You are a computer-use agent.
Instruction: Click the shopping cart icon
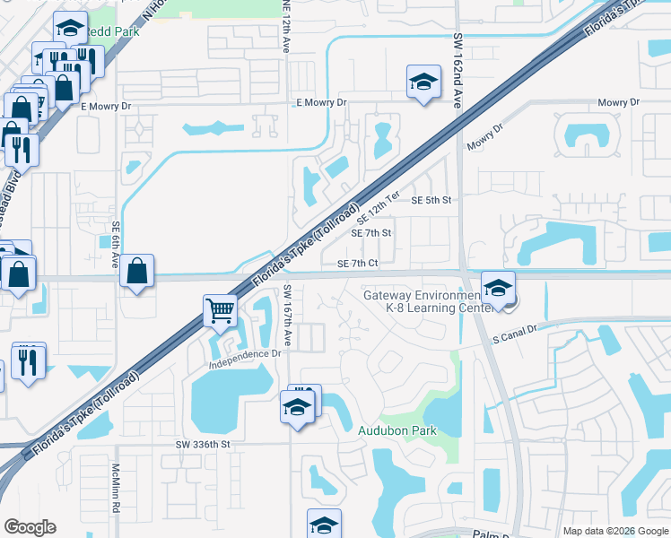(x=220, y=310)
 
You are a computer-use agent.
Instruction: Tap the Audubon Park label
(x=397, y=431)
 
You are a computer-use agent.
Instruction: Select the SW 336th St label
(x=203, y=444)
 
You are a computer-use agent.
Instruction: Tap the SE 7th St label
(x=371, y=233)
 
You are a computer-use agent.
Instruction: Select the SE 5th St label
(x=430, y=200)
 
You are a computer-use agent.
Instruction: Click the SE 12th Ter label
(x=378, y=208)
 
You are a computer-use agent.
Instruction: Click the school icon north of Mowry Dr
(x=423, y=82)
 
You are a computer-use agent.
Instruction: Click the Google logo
(x=30, y=527)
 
